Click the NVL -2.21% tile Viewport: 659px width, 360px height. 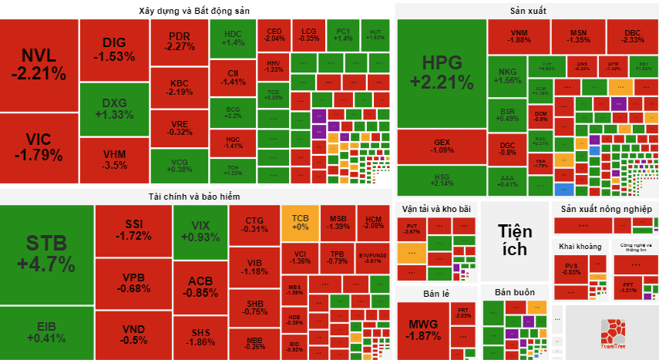tap(39, 65)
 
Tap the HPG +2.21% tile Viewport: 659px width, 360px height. tap(442, 72)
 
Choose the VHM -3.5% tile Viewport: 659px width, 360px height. tap(114, 160)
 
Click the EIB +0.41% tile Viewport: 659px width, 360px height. tap(46, 332)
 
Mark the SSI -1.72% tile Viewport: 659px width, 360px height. tap(133, 230)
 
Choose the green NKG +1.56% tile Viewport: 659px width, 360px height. tap(506, 75)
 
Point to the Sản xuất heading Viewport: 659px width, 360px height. tap(526, 11)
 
